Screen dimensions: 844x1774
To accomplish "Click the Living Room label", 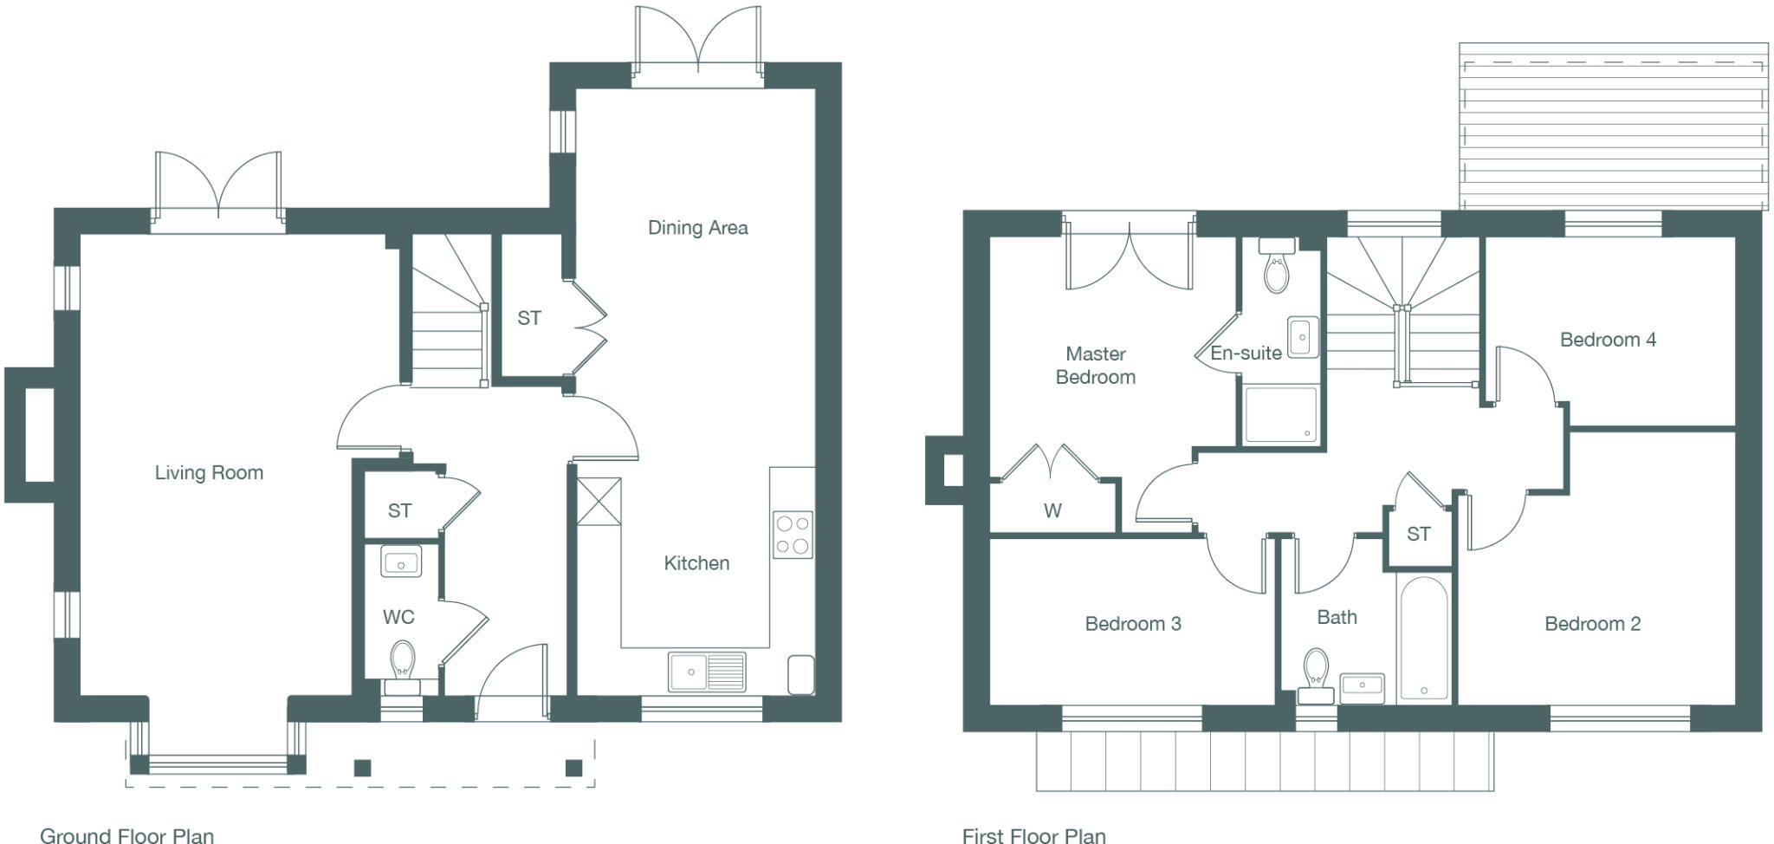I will click(209, 473).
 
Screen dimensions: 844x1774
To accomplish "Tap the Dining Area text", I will click(697, 228).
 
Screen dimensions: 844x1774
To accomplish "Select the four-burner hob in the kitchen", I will click(793, 535).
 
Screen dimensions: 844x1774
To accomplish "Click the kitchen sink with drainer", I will click(707, 672).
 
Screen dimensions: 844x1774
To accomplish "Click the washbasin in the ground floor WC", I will click(400, 562).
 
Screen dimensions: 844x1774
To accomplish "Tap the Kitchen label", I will click(696, 563).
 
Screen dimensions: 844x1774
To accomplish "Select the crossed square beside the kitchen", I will click(599, 502).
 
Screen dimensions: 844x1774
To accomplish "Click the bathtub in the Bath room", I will click(1423, 638).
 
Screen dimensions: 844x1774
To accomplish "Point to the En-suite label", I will click(1246, 354).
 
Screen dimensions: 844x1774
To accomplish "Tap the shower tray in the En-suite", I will click(1280, 415).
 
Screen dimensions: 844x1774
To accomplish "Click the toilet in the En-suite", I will click(1277, 269).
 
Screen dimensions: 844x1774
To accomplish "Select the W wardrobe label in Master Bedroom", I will click(1052, 511).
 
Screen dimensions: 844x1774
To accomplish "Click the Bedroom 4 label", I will click(1608, 340).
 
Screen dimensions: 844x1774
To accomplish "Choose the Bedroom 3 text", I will click(1133, 624).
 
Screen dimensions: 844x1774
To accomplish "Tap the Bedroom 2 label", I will click(1592, 624).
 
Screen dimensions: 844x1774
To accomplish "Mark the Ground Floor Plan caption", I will click(126, 835).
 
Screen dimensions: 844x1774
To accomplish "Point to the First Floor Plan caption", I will click(1033, 835).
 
